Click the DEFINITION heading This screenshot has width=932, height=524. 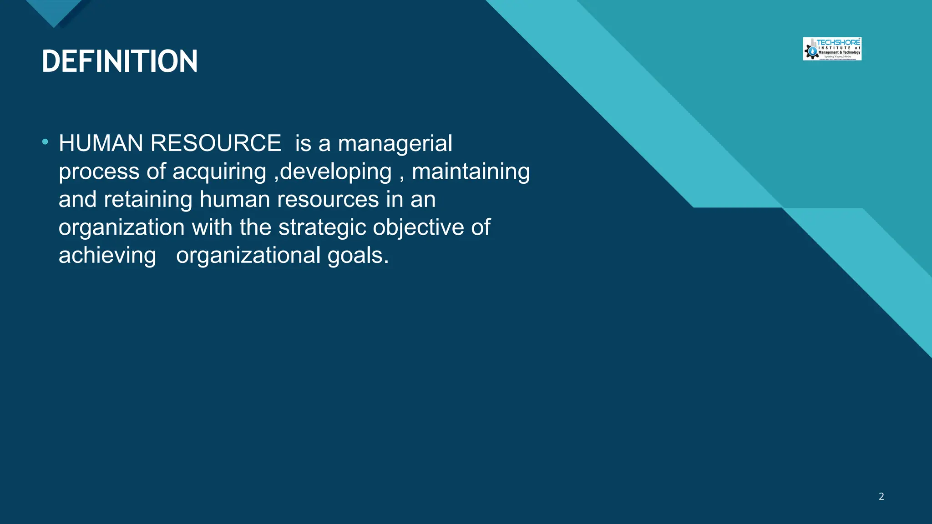coord(120,61)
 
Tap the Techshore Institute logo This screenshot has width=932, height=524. coord(832,49)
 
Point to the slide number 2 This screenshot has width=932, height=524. coord(881,496)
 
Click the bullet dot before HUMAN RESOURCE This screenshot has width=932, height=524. coord(45,142)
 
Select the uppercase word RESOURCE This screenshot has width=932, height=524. coord(216,143)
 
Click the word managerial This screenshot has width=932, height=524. coord(395,144)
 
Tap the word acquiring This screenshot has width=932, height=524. coord(219,172)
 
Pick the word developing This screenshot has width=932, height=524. coord(336,172)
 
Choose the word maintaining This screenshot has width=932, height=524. coord(471,172)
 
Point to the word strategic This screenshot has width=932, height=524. coord(322,228)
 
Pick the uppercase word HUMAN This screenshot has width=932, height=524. coord(101,143)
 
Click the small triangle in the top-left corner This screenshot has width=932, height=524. coord(54,11)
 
